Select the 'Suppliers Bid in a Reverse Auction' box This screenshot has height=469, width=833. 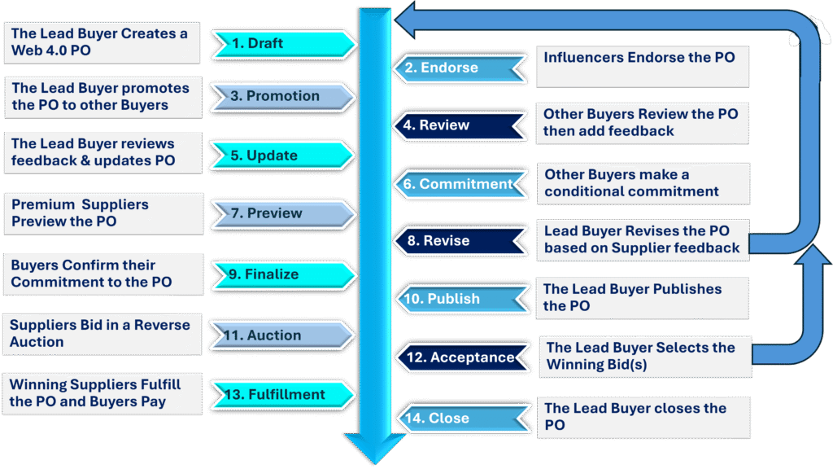tap(100, 333)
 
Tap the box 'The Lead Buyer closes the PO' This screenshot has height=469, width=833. tap(643, 417)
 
